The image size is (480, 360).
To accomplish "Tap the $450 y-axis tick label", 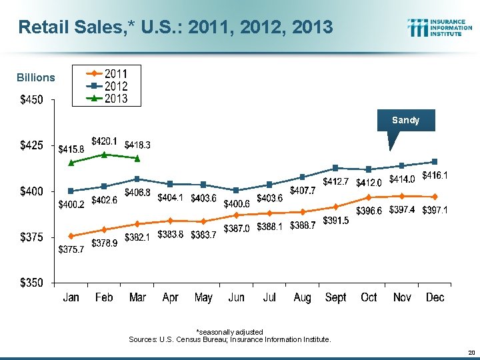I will [31, 100].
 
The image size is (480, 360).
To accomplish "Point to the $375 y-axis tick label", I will [31, 237].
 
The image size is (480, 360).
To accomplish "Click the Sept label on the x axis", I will [335, 297].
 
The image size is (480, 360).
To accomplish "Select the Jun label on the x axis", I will [236, 297].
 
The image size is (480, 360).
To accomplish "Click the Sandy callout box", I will [405, 121].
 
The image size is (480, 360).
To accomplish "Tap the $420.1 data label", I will [104, 141].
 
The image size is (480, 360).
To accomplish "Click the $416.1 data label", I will [434, 175].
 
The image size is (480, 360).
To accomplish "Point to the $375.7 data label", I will [71, 249].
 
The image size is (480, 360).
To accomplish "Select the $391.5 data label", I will [335, 221].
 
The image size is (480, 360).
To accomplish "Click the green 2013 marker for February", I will [104, 155].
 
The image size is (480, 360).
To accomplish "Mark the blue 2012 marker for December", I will [435, 161].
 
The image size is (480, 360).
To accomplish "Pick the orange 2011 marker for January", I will [71, 235].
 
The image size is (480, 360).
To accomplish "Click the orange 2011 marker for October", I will [369, 197].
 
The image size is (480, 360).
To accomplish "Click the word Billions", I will [36, 77].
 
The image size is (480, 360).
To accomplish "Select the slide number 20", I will [471, 352].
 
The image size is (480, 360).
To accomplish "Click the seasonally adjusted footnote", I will [229, 331].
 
